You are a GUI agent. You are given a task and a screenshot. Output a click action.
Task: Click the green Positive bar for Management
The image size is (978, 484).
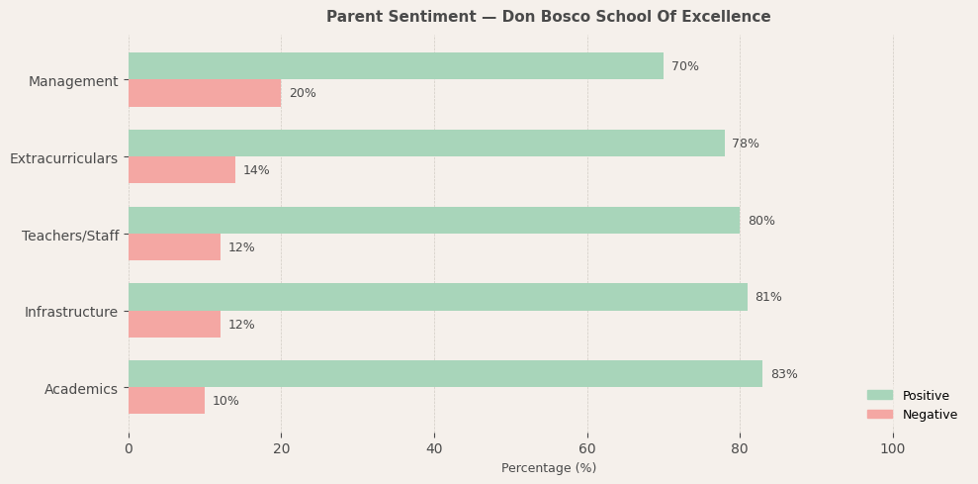coord(396,66)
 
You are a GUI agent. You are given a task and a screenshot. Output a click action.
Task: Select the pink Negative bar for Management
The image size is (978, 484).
coord(205,93)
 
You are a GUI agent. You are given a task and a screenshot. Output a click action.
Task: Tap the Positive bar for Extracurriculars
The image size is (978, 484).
coord(426,144)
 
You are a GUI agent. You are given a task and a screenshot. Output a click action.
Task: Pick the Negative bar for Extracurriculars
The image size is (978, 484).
coord(182,170)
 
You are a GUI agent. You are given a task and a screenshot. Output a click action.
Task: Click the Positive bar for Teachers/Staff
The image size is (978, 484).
coord(434,221)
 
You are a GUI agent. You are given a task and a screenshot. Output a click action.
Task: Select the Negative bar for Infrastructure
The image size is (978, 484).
coord(174,325)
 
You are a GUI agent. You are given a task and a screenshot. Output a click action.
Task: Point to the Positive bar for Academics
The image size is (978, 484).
coord(445,374)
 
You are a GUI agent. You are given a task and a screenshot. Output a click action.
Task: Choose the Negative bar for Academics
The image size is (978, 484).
coord(166,401)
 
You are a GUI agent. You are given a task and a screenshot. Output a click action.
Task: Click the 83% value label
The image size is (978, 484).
coord(784,374)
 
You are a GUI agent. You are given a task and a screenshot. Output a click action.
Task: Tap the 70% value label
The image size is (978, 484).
coord(685,66)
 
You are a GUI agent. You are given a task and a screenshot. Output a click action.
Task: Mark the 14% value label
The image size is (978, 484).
coord(256,170)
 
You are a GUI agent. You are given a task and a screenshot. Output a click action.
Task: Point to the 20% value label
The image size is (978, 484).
coord(303,93)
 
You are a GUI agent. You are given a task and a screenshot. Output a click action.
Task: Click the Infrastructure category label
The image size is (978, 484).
coord(71,312)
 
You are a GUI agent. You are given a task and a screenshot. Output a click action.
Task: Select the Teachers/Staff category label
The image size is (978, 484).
coord(70,236)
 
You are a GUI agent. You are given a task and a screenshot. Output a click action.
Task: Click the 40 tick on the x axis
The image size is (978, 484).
coord(434,448)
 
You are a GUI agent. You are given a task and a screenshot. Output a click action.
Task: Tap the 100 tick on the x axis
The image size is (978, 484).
coord(893,448)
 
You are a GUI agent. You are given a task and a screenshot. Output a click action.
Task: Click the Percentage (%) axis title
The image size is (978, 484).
coord(549,468)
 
